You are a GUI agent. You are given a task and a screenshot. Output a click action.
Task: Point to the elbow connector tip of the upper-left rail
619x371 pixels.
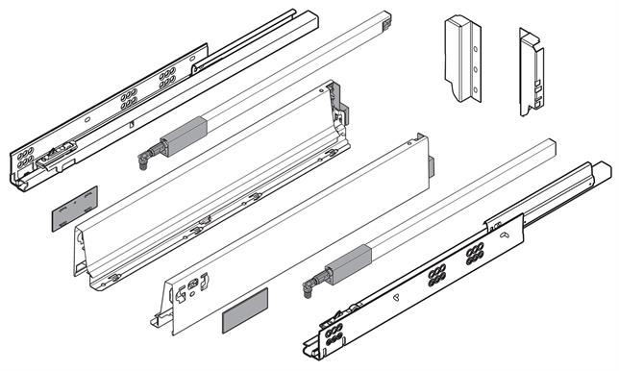point(142,154)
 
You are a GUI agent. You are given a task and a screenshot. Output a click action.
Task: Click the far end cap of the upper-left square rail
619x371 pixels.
point(384,19)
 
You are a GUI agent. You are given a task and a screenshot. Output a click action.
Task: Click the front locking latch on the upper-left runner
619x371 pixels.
point(61,149)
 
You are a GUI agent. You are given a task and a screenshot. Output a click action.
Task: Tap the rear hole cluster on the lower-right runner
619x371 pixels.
point(475,255)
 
